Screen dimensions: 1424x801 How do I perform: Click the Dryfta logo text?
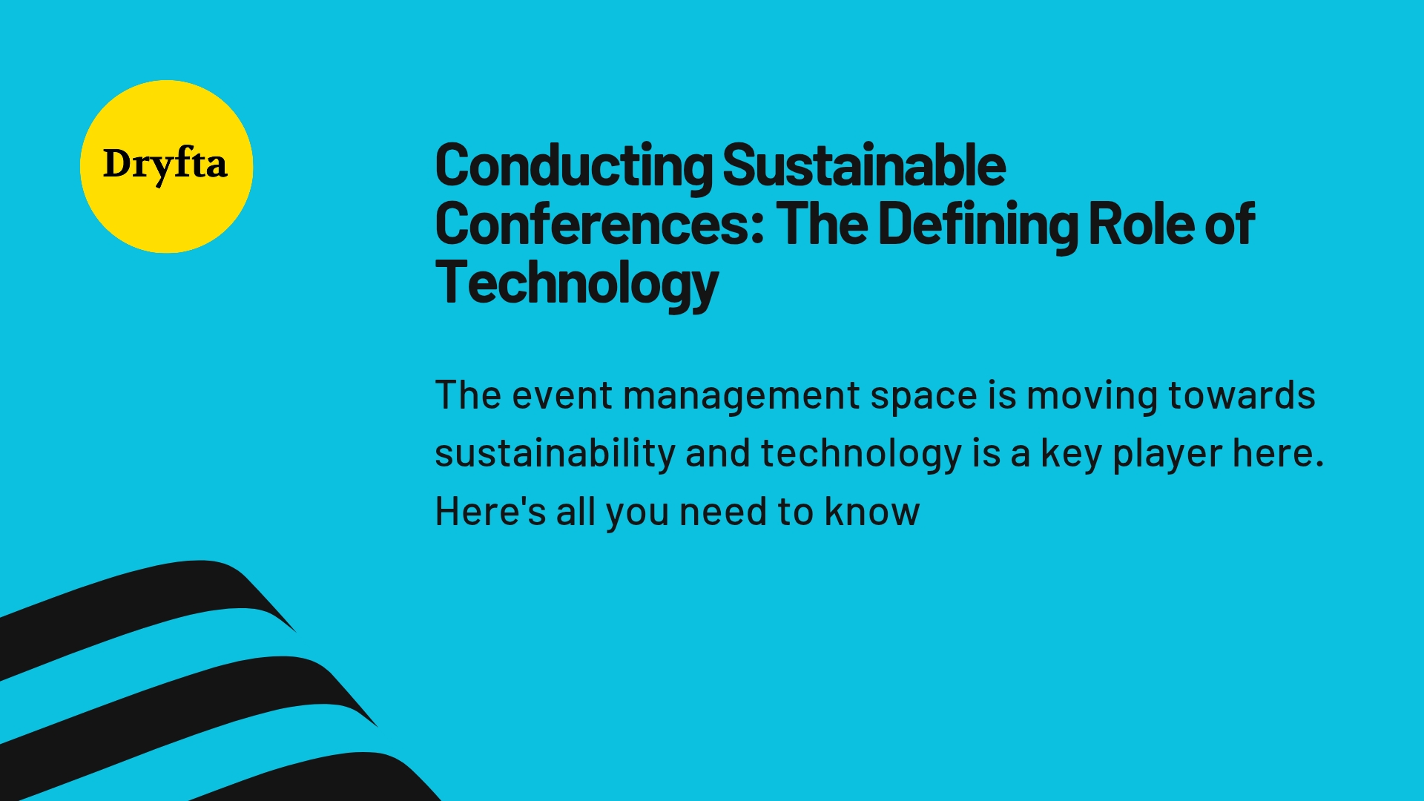[x=165, y=165]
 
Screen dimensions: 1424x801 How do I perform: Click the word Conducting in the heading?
[x=574, y=166]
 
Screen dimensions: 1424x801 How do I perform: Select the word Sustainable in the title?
[x=864, y=165]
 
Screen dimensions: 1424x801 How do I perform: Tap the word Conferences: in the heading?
[x=600, y=224]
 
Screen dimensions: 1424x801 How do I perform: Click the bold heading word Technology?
[x=577, y=285]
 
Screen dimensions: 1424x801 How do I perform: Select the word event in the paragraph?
[x=562, y=396]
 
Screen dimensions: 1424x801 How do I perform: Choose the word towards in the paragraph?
[x=1242, y=395]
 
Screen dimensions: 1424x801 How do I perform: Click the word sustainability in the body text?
[x=555, y=455]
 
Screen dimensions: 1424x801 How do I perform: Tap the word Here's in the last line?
[x=490, y=512]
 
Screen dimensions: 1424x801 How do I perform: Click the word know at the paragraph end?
[x=872, y=512]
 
